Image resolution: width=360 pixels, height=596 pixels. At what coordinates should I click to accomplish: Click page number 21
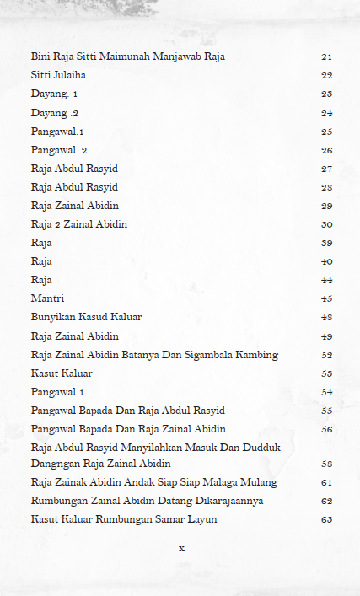pos(326,56)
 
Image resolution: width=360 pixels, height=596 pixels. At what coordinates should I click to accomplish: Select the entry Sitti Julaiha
pos(58,75)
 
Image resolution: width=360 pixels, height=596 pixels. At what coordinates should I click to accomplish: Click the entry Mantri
pos(47,298)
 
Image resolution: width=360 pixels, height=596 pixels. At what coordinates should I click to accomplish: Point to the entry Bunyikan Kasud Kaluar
pos(86,317)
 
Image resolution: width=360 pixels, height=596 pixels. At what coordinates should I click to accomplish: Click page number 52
pos(326,355)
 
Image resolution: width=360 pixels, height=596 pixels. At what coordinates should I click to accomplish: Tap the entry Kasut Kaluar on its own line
pos(62,373)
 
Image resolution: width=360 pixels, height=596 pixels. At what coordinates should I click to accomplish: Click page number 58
pos(326,464)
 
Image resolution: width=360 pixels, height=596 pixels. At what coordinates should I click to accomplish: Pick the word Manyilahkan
pos(142,448)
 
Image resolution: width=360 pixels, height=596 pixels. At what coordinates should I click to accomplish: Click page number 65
pos(326,519)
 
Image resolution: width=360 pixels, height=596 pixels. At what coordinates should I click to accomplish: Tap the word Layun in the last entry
pos(202,519)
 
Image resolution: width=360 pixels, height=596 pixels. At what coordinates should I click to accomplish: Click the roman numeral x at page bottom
pos(180,548)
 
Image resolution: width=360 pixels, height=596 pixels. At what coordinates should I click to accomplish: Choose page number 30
pos(326,224)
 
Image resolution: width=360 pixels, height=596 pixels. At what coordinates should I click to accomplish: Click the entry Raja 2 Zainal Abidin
pos(79,224)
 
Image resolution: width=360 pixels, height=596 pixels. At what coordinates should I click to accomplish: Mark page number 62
pos(326,501)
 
